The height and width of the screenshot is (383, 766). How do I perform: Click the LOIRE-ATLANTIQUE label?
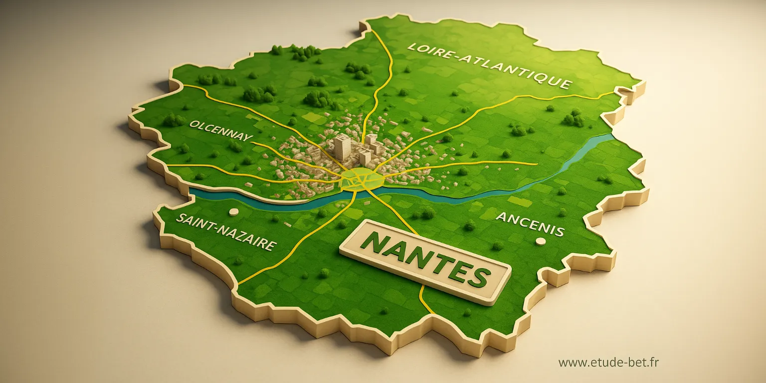click(489, 66)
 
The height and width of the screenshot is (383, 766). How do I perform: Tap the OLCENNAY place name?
click(221, 131)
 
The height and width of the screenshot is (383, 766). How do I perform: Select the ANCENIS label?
click(530, 224)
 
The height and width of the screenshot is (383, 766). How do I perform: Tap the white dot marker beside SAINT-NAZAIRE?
click(233, 212)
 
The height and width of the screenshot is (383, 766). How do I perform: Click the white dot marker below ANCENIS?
click(540, 241)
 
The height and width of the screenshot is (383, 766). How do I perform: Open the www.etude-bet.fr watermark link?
click(608, 363)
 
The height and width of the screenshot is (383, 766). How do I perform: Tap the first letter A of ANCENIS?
click(501, 217)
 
